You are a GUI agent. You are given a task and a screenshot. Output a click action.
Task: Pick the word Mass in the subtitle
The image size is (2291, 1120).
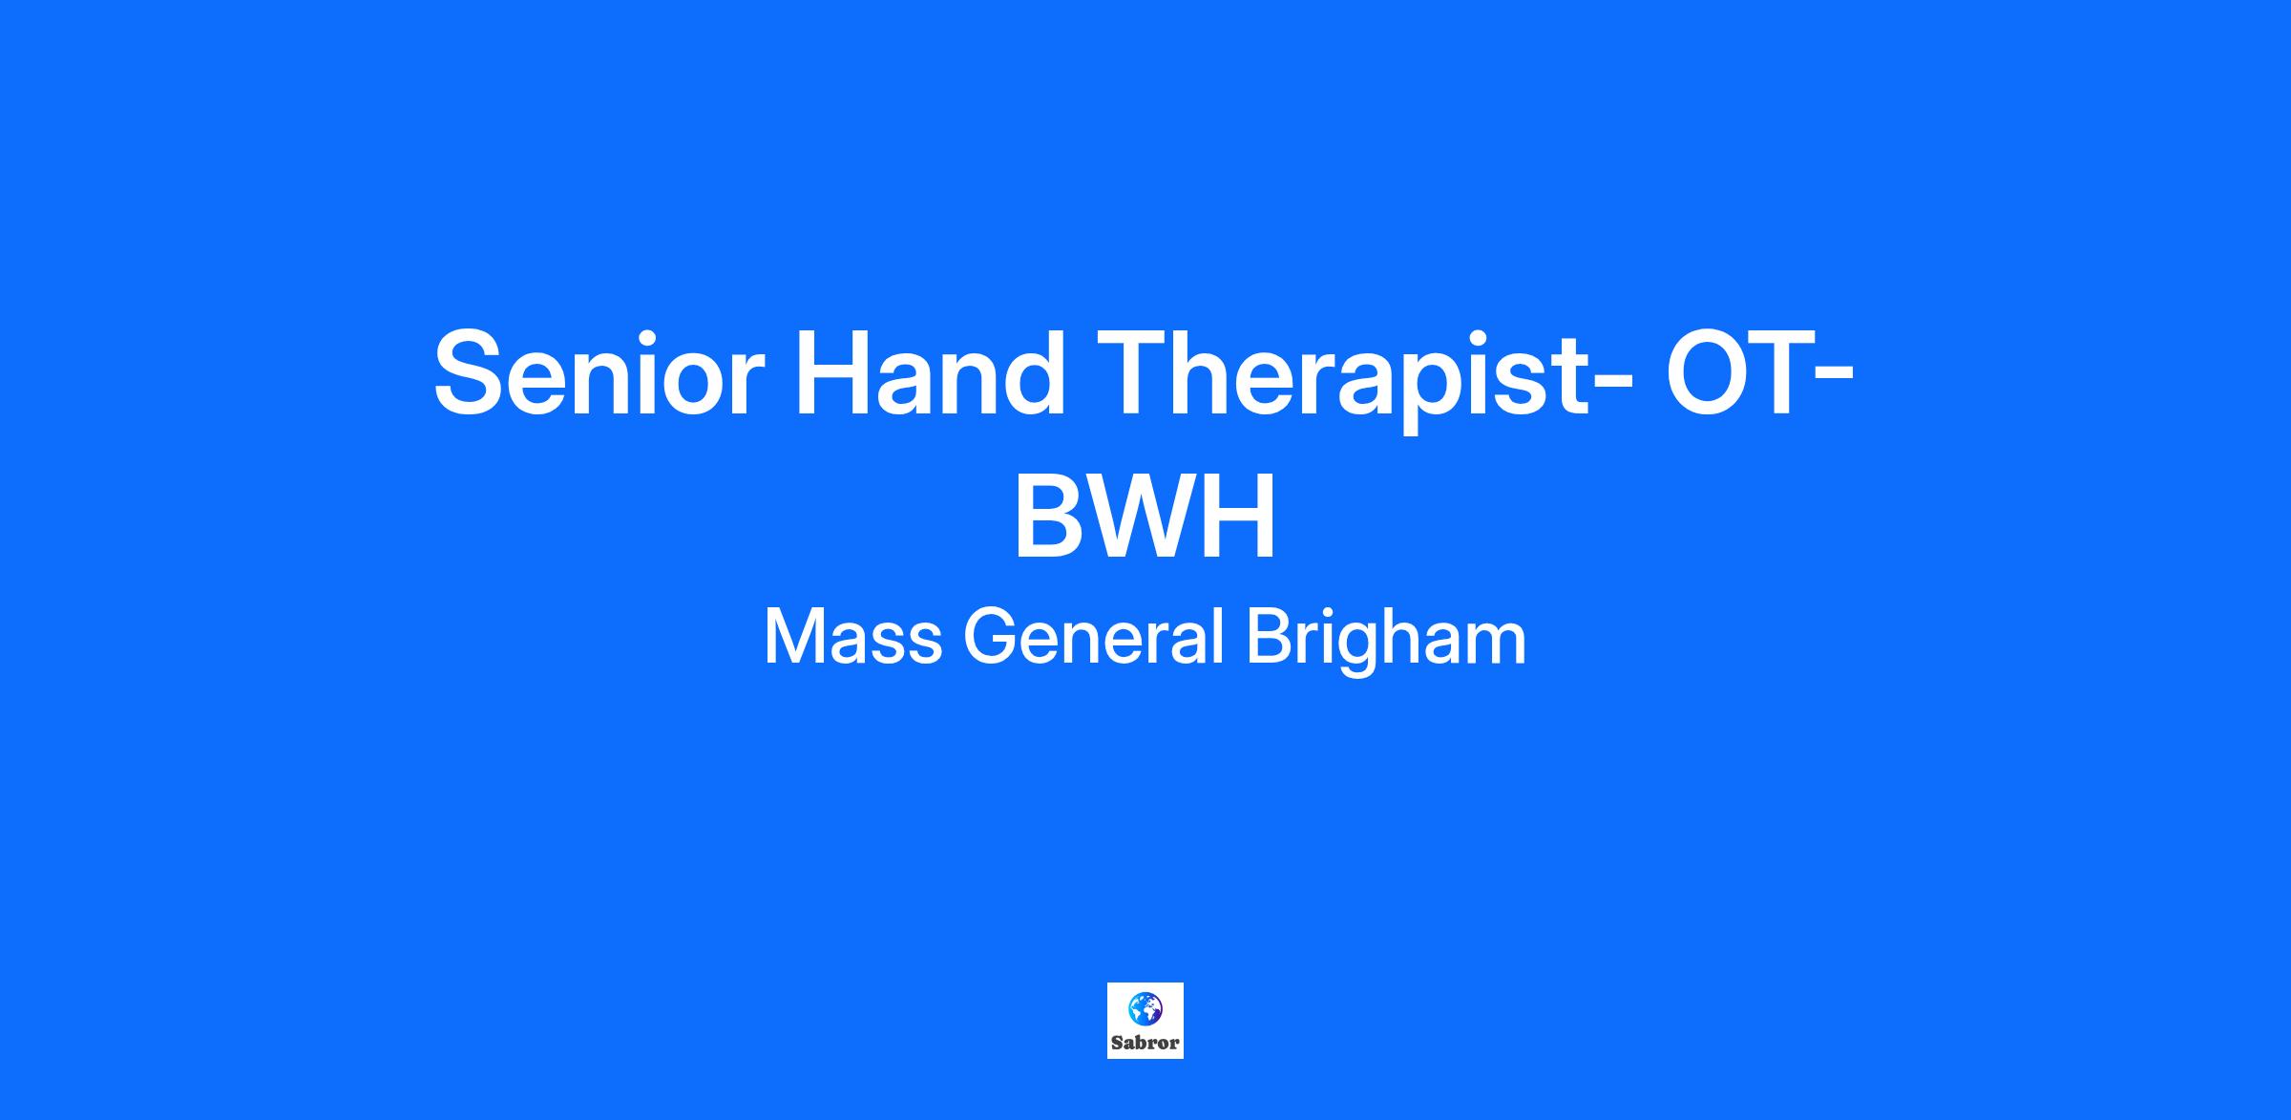tap(853, 637)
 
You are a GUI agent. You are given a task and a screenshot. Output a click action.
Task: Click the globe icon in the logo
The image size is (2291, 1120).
tap(1145, 1007)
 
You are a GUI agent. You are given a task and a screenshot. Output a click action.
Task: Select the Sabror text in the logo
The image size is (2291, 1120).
tap(1145, 1043)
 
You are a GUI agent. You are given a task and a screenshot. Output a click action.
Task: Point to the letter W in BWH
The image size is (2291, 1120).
tap(1145, 518)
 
